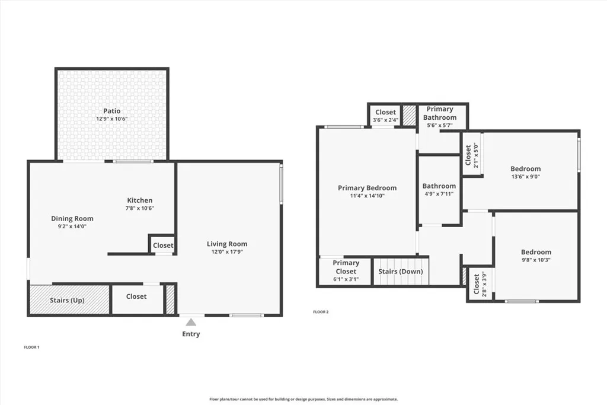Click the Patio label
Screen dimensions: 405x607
[112, 111]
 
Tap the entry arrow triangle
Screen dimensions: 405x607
[191, 323]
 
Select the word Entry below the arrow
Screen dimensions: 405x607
[191, 334]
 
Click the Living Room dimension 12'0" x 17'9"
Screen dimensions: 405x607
[227, 252]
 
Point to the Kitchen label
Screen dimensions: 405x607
[140, 200]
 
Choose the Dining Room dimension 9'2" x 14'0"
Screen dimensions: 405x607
[72, 227]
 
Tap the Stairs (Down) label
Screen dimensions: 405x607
[401, 272]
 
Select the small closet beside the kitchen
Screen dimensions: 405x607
[163, 245]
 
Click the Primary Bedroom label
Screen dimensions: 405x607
[367, 188]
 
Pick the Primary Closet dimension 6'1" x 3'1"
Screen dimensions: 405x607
[346, 279]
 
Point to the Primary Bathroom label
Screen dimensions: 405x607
[440, 113]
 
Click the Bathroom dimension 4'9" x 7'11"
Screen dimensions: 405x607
[439, 194]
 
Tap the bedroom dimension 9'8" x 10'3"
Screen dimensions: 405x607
[536, 260]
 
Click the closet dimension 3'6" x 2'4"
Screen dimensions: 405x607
[385, 120]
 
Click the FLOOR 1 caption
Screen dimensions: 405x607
[31, 347]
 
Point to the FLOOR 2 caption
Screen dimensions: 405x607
[321, 312]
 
